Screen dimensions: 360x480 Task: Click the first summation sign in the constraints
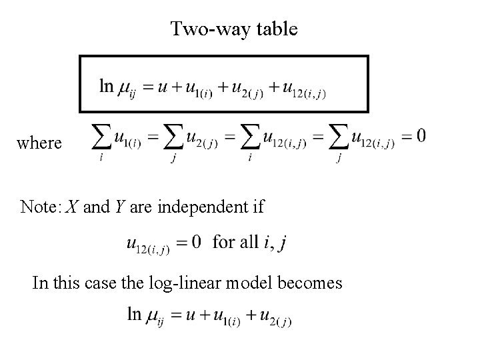(x=101, y=138)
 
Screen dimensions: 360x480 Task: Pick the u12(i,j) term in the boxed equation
(x=303, y=88)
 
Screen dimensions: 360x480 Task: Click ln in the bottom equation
(x=134, y=313)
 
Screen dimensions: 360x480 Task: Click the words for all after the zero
(x=235, y=241)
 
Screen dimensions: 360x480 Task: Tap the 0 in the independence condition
(x=196, y=241)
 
